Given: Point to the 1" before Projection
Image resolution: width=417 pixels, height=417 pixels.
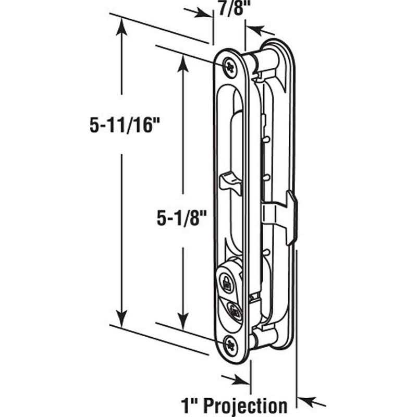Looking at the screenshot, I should point(190,405).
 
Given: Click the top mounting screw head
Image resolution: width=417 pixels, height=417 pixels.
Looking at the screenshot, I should point(230,66).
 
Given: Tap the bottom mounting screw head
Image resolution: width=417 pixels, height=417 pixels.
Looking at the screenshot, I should point(231,342).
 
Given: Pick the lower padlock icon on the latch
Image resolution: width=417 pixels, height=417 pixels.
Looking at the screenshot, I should point(234,313).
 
